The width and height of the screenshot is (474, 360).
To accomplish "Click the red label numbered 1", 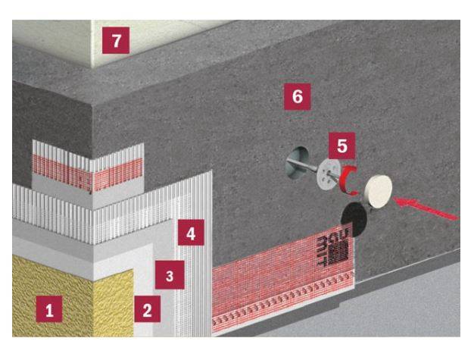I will click(x=50, y=310).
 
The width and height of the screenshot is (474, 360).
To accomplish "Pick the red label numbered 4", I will click(x=192, y=234).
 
